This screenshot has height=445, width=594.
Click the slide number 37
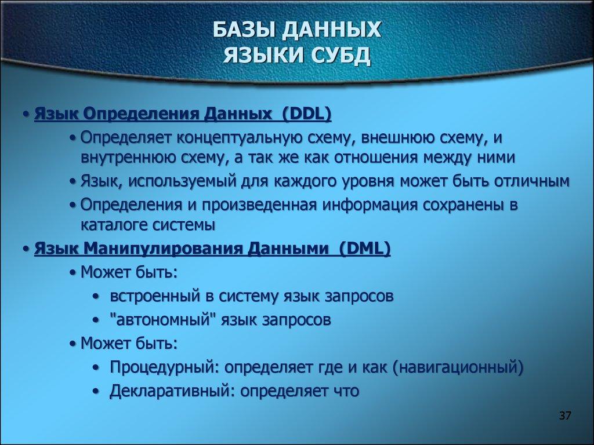566,417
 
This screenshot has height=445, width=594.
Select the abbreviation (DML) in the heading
365,249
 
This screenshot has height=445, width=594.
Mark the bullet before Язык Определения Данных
27,114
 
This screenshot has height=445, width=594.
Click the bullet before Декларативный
95,391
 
